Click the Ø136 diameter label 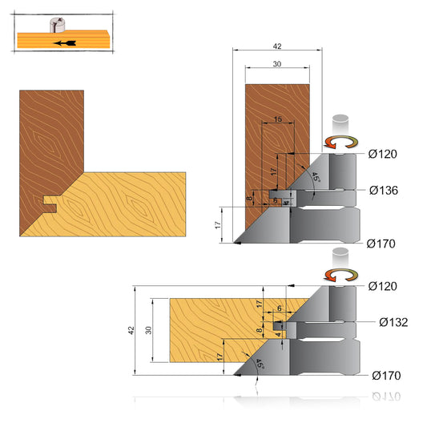point(384,191)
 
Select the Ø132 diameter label point(393,322)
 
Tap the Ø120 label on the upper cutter point(384,154)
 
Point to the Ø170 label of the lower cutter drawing point(387,375)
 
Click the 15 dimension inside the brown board point(277,119)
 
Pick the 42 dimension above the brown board point(278,47)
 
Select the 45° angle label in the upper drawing point(316,177)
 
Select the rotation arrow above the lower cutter point(340,275)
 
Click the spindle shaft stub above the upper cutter point(340,125)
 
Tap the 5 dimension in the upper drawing point(276,199)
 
